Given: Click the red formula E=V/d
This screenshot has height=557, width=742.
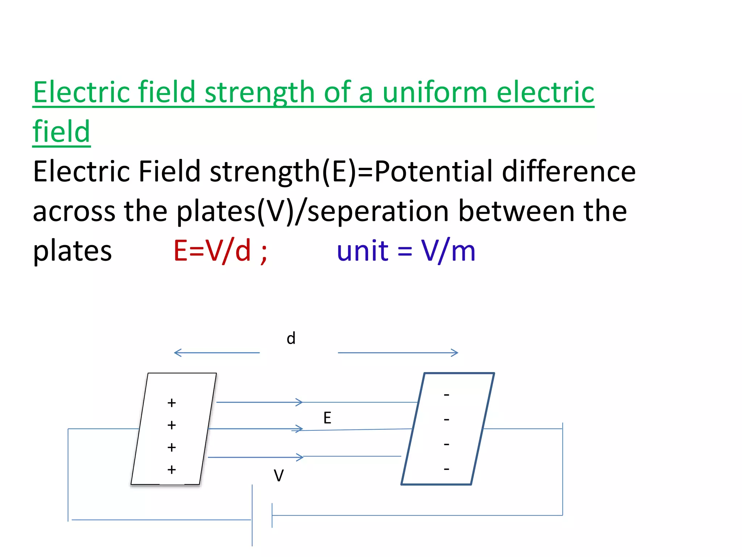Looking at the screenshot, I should (212, 251).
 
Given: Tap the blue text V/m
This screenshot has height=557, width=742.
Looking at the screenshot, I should (448, 251).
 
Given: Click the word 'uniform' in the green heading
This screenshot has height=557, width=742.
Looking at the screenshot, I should (435, 92).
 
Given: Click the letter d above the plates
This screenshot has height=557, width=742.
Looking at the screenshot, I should (291, 338).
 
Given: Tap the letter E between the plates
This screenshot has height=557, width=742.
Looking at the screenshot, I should (327, 418).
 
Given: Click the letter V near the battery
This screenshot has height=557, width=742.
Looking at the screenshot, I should (279, 476).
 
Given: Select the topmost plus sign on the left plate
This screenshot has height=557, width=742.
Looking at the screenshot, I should (172, 403).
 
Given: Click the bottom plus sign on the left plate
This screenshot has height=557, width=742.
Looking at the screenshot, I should (172, 470).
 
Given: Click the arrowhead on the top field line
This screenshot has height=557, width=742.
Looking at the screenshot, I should (299, 402).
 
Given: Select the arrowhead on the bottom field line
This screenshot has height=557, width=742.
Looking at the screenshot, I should (300, 457).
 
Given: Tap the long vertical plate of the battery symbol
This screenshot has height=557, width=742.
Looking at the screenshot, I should (252, 515).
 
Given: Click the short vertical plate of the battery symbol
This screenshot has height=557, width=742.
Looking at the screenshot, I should (272, 515).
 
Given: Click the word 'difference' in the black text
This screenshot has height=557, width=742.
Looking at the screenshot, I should (568, 171).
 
